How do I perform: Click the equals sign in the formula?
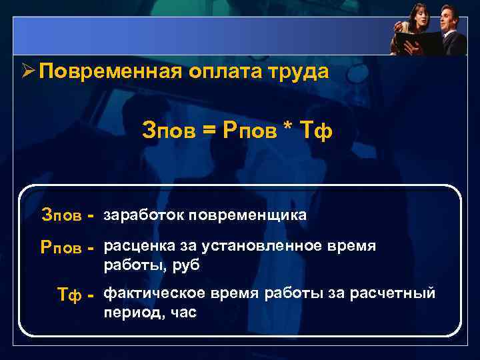209,131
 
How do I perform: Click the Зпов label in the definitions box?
61,216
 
